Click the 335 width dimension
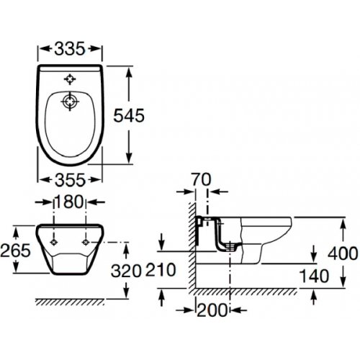[70, 48]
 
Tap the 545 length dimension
[129, 115]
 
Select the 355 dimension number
[70, 180]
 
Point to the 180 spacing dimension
[69, 202]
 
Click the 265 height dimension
[16, 250]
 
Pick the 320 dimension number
[126, 271]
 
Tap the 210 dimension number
[161, 270]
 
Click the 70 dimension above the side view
[202, 179]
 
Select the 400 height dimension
[343, 253]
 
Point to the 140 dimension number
[315, 276]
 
